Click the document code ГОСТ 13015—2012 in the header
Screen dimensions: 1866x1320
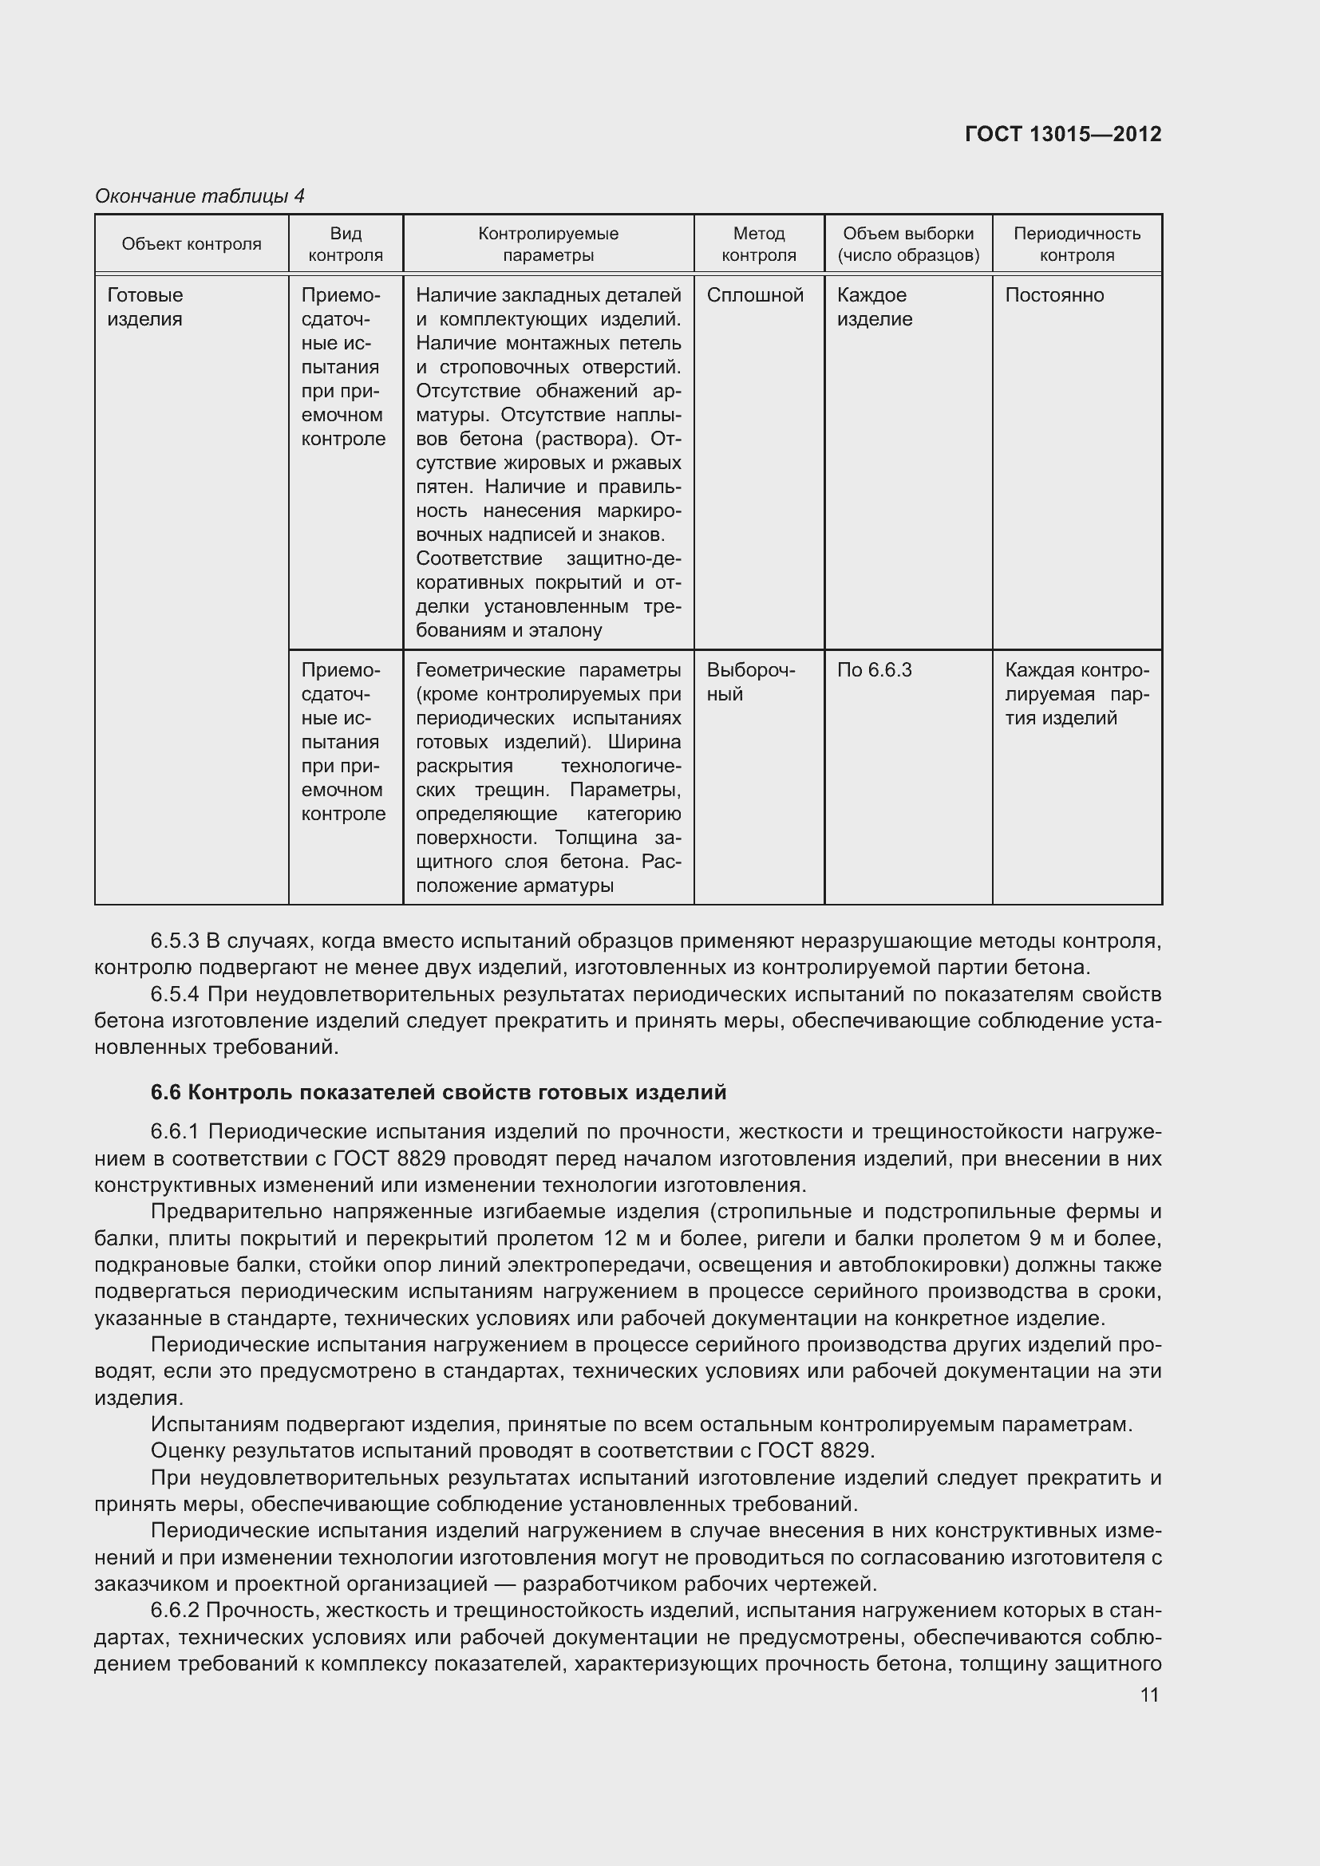[x=1062, y=134]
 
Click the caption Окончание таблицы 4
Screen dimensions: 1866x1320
[x=200, y=196]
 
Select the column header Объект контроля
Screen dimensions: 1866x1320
[x=191, y=244]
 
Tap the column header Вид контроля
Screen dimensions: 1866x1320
[x=346, y=244]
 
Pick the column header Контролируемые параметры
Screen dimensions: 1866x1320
[x=547, y=244]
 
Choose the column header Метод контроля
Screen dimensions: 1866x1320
[x=758, y=244]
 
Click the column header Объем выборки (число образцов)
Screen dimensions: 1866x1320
[x=908, y=244]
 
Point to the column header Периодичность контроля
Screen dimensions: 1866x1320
[x=1076, y=244]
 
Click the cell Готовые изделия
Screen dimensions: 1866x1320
[x=145, y=307]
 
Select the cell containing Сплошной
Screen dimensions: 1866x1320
[x=754, y=295]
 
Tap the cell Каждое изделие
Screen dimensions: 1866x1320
[x=874, y=307]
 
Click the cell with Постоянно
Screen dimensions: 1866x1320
[x=1054, y=295]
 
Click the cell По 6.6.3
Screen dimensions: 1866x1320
[x=874, y=669]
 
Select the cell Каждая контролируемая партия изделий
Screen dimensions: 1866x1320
[x=1076, y=693]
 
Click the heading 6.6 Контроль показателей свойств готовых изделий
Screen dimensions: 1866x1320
[x=438, y=1092]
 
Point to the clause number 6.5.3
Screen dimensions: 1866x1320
[x=175, y=941]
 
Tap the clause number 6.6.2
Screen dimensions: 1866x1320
[x=175, y=1610]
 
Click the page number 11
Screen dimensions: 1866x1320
[x=1148, y=1694]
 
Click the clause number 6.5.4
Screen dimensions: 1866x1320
[x=175, y=994]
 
